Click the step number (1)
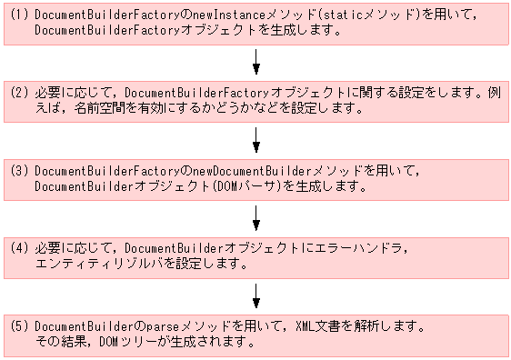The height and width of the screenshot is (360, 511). click(x=20, y=15)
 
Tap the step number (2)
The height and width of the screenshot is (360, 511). click(x=20, y=93)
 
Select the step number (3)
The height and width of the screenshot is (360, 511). click(x=20, y=170)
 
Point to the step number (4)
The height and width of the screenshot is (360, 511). click(x=20, y=247)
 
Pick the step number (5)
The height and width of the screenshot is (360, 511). click(x=20, y=325)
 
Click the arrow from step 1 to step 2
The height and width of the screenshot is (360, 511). click(x=257, y=62)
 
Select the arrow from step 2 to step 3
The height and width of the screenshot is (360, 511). click(x=257, y=139)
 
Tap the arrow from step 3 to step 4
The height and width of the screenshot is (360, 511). click(x=257, y=216)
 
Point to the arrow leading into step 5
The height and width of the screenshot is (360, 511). click(x=257, y=294)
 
